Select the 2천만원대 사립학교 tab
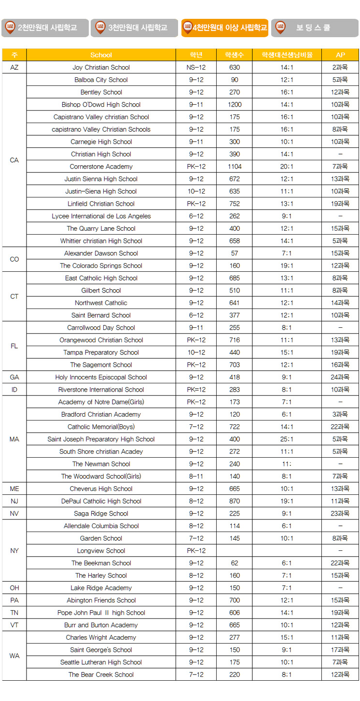(x=45, y=28)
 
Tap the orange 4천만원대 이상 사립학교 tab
(x=225, y=28)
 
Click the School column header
(x=101, y=55)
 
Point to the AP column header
(x=340, y=55)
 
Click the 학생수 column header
(x=235, y=55)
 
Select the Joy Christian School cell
(x=101, y=68)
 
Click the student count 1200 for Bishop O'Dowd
(x=235, y=105)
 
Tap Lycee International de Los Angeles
(x=101, y=216)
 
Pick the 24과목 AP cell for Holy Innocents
(x=340, y=377)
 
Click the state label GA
(x=14, y=377)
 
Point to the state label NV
(x=14, y=514)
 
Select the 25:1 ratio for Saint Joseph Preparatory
(x=287, y=439)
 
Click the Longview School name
(x=101, y=551)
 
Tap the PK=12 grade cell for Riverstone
(x=196, y=390)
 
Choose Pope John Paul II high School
(x=101, y=613)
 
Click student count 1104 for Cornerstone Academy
(x=235, y=167)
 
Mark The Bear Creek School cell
(x=101, y=674)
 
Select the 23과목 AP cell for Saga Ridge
(x=340, y=514)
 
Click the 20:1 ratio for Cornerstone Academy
(x=287, y=167)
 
